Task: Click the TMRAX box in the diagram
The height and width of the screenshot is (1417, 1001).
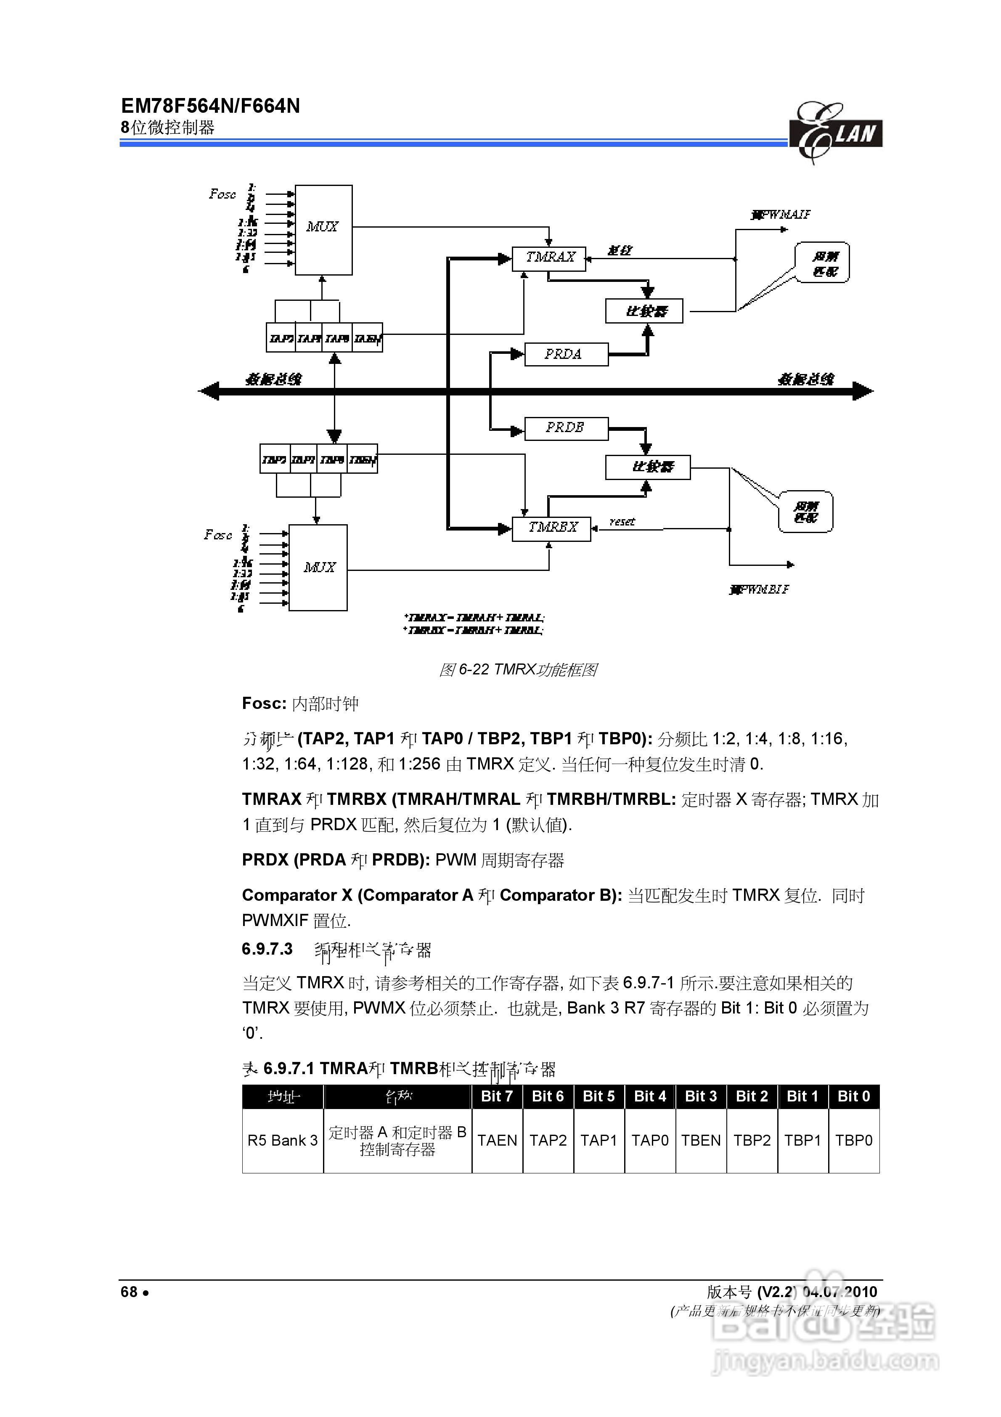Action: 549,258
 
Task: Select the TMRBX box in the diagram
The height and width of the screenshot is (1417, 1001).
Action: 551,528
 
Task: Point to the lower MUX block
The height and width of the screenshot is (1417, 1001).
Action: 318,567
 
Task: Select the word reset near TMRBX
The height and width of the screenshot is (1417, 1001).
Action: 622,522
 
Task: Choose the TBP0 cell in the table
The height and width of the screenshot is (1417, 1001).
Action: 853,1141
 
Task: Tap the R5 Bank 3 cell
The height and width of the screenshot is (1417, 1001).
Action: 282,1141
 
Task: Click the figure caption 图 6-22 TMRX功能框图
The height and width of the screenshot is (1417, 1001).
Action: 517,670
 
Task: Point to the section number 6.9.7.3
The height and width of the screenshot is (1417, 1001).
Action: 267,949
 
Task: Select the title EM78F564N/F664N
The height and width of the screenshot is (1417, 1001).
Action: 210,106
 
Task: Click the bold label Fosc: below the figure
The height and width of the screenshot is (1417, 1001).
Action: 264,703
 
